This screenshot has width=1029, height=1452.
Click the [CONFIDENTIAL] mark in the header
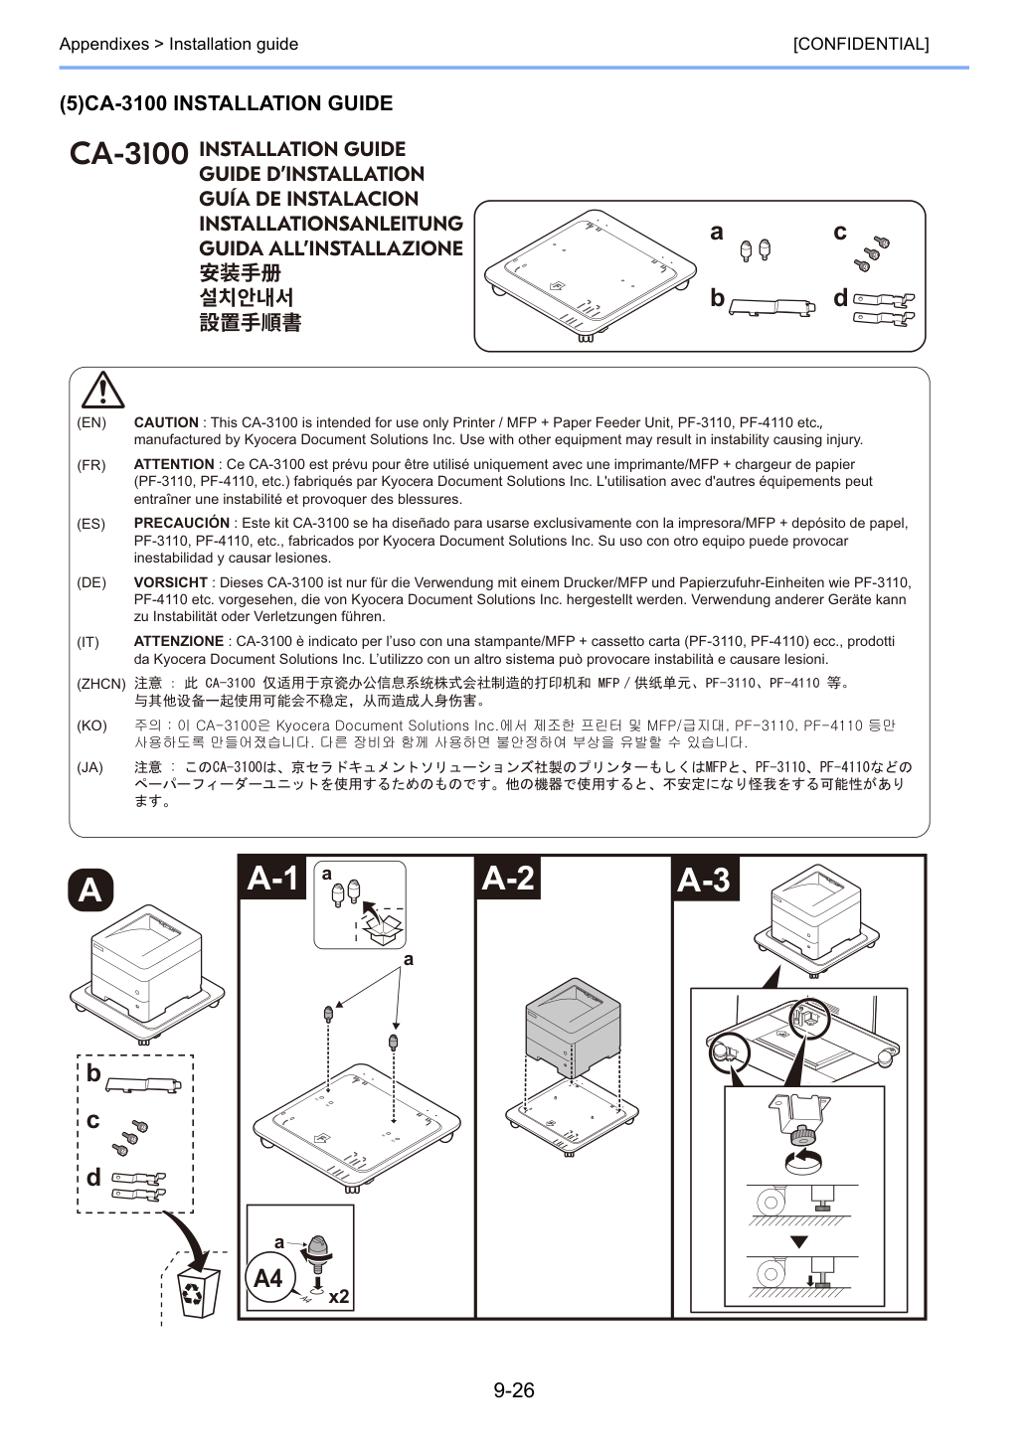coord(860,44)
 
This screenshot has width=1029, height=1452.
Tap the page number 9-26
coord(514,1389)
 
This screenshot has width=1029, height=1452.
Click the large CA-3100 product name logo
coord(129,154)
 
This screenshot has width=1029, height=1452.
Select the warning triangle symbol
coord(102,391)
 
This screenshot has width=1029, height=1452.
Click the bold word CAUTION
coord(166,422)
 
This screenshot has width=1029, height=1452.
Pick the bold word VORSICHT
coord(171,582)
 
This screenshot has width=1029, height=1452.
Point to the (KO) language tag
coord(91,726)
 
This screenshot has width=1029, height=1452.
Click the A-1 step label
coord(272,879)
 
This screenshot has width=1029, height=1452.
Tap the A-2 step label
coord(508,879)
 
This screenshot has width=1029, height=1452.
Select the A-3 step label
coord(706,880)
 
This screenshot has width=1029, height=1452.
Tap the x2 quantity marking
coord(338,1296)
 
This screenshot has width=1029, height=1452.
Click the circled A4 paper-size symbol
coord(269,1279)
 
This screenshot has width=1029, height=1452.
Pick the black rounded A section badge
coord(90,890)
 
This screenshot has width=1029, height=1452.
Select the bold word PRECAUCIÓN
coord(182,523)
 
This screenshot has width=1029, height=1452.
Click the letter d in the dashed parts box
coord(93,1177)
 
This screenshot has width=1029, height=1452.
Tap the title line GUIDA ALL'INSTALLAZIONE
coord(331,248)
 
